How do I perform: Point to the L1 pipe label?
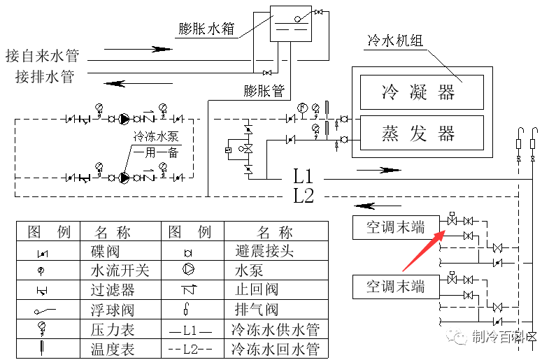point(304,176)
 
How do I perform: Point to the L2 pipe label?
point(304,196)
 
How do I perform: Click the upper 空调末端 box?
point(396,227)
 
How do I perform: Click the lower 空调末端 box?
point(396,286)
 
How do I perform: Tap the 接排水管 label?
point(45,76)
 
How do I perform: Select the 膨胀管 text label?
point(264,91)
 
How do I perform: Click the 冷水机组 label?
point(395,41)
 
